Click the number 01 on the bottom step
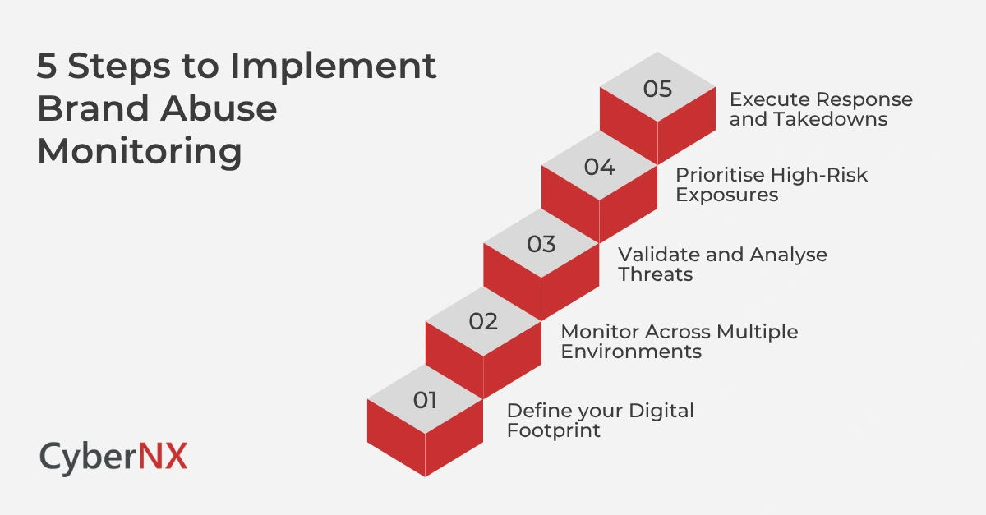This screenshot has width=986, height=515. pyautogui.click(x=425, y=400)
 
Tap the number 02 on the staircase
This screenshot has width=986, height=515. pyautogui.click(x=483, y=321)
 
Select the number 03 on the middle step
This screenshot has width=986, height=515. pyautogui.click(x=541, y=244)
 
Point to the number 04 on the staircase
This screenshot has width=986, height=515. pyautogui.click(x=600, y=167)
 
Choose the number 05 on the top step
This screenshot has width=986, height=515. pyautogui.click(x=657, y=90)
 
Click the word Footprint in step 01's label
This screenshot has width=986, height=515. pyautogui.click(x=553, y=430)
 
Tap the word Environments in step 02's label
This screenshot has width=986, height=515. pyautogui.click(x=631, y=352)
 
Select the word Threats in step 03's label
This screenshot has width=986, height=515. pyautogui.click(x=656, y=274)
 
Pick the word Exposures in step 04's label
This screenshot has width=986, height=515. pyautogui.click(x=726, y=195)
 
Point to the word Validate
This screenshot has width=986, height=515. pyautogui.click(x=658, y=255)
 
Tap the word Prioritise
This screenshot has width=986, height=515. pyautogui.click(x=718, y=175)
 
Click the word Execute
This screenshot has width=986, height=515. pyautogui.click(x=770, y=99)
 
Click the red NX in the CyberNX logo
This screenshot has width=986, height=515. pyautogui.click(x=163, y=457)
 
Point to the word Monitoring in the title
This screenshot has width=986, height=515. pyautogui.click(x=140, y=153)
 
